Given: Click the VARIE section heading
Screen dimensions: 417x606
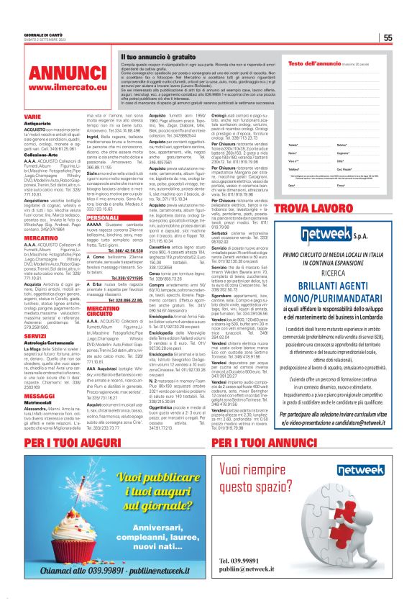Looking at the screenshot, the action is coord(32,115).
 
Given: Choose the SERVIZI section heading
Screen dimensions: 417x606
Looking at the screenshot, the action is coord(36,335).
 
